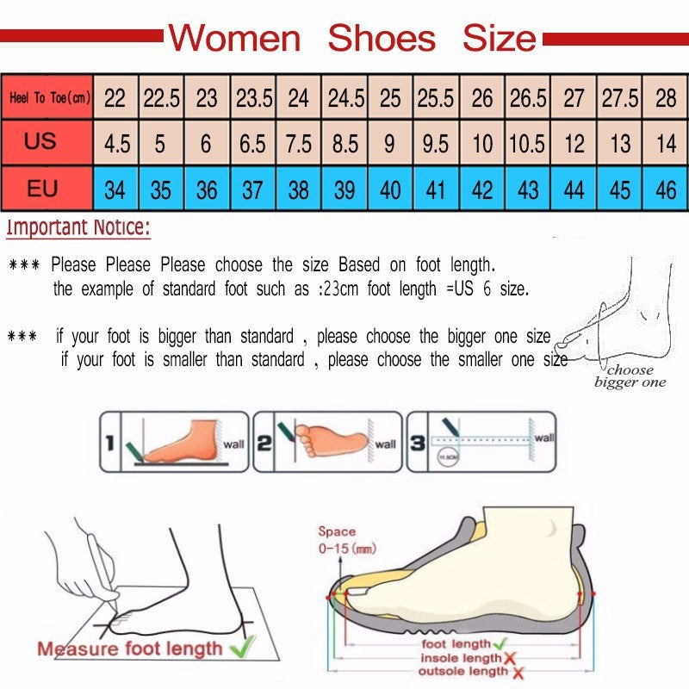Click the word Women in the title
(234, 38)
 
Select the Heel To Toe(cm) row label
(49, 97)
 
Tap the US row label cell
(40, 140)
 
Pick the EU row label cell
(41, 188)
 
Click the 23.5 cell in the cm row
(254, 97)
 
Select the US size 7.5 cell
(299, 143)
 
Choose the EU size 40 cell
(390, 189)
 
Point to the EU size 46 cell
(666, 189)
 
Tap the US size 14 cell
(666, 143)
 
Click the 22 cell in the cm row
(115, 97)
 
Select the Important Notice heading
(78, 228)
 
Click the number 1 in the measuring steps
(109, 444)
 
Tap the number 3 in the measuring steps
(416, 444)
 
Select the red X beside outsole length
(519, 671)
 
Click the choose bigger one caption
(631, 376)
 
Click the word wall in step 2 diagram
(386, 444)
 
